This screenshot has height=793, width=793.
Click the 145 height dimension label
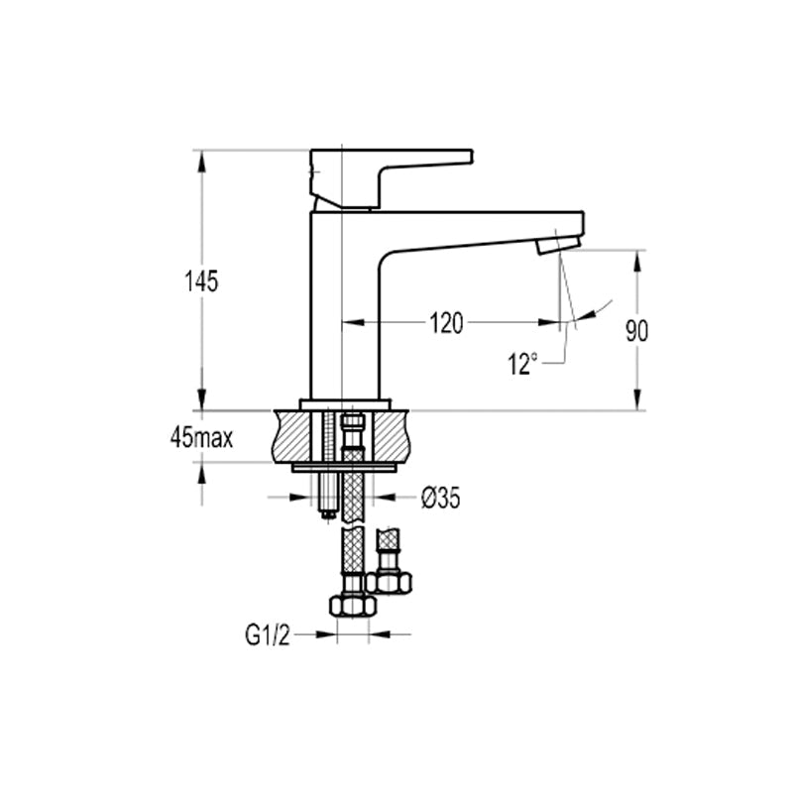(x=201, y=282)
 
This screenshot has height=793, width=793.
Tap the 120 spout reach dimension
(x=446, y=324)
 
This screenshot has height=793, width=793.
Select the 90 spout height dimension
(x=636, y=331)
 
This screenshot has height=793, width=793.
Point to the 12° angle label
(x=522, y=363)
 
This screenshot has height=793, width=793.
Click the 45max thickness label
(x=202, y=437)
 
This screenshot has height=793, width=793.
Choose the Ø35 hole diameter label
(x=441, y=499)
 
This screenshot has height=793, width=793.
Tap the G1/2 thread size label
(x=268, y=634)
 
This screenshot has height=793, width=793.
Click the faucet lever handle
(x=391, y=178)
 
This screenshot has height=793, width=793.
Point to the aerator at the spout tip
(x=558, y=246)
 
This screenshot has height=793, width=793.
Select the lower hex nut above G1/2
(x=353, y=605)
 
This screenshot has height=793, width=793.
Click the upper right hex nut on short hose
(x=389, y=583)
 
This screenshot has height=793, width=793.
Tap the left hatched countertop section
(x=291, y=436)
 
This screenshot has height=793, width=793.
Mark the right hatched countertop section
(x=392, y=436)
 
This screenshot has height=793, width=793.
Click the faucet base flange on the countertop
(x=345, y=404)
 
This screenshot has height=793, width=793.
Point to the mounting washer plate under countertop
(x=344, y=468)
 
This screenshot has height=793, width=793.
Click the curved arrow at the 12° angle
(x=595, y=309)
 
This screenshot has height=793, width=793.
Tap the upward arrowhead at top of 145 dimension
(x=202, y=160)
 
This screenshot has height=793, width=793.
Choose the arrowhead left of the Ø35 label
(x=300, y=498)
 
